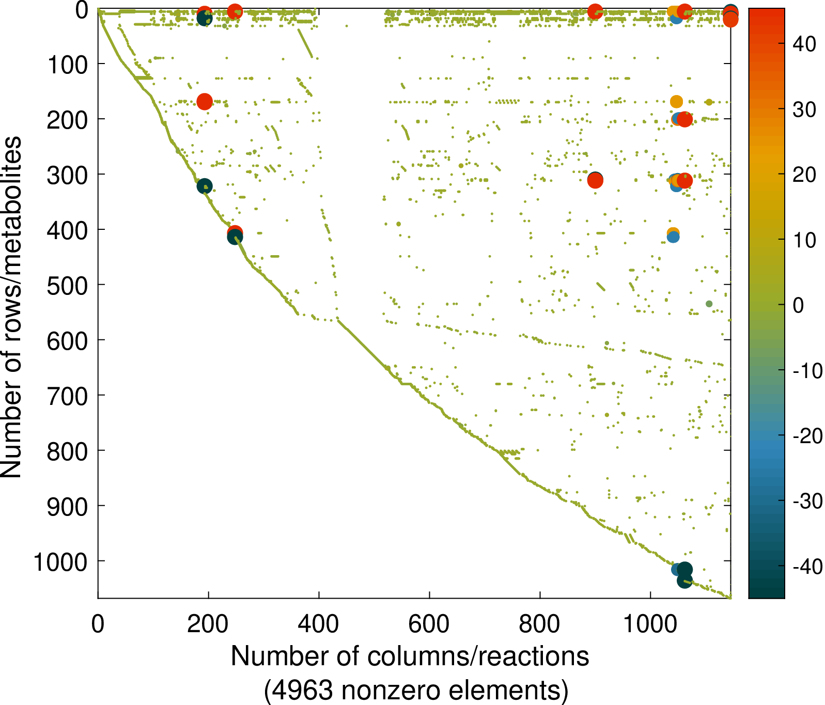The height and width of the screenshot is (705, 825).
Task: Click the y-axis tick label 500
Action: coord(67,286)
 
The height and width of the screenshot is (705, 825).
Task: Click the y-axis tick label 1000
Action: coord(60,562)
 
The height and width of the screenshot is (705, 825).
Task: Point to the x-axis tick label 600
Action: coord(429,624)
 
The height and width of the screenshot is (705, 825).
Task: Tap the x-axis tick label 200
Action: coord(208,624)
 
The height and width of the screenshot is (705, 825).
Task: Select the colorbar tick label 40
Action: coord(804,44)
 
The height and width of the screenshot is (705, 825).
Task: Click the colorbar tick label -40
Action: coord(807,567)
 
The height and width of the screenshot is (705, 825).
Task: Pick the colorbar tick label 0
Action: coord(798,306)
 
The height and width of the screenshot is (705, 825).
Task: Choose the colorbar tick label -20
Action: coord(807,436)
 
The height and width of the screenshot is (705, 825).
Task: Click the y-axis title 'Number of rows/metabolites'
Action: coord(11,307)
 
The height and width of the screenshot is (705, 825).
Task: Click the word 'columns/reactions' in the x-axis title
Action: coord(478,657)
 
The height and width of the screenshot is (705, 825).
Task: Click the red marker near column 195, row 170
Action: coord(205,102)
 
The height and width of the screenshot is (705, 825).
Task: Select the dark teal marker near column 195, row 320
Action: coord(205,186)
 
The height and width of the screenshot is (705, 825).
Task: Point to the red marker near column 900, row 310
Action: coord(595,181)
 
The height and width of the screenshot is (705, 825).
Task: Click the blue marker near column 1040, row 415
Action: coord(673,237)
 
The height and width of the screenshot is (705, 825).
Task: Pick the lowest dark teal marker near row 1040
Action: coord(684,581)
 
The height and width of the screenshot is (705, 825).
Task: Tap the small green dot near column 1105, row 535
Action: coord(709,304)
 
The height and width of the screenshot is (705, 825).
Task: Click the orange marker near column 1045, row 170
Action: coord(676,101)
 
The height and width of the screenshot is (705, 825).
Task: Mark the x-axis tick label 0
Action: coord(98,624)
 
